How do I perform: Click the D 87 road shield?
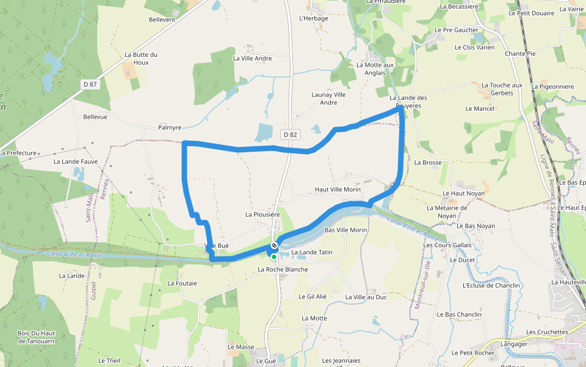90,84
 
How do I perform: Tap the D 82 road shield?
289,133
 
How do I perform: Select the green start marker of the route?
274,257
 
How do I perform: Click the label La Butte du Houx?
141,58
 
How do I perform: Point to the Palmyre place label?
170,128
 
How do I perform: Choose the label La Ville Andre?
252,59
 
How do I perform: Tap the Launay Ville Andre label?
328,98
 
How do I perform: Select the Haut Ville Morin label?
338,190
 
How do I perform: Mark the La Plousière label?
262,215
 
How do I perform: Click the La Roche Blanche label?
283,269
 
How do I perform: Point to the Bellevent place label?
162,20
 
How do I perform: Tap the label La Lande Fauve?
76,162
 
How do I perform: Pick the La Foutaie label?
182,283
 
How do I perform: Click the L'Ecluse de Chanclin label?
491,286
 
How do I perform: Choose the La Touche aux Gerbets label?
502,89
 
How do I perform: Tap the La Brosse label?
428,163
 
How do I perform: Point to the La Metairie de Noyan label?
447,212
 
